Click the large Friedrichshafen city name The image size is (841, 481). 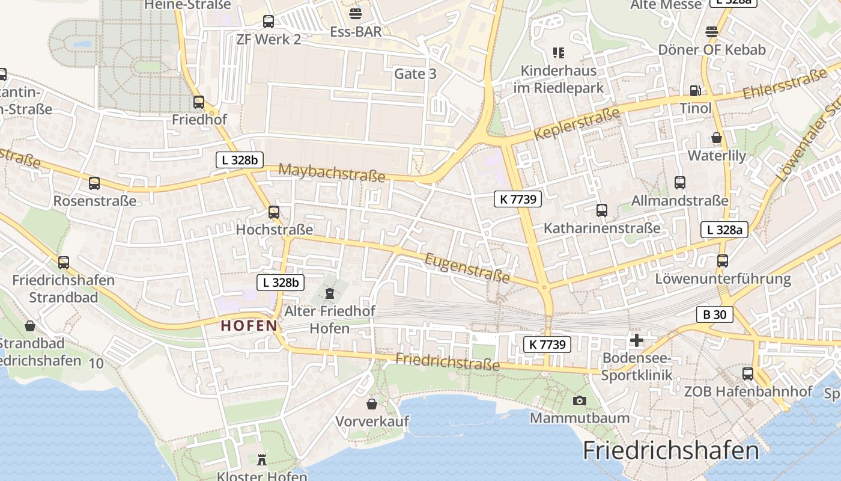(670, 450)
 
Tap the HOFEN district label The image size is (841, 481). (249, 326)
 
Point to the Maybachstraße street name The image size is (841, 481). (332, 173)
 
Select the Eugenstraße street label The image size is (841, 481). (467, 268)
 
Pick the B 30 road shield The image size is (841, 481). (715, 314)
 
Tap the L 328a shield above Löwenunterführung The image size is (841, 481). (724, 229)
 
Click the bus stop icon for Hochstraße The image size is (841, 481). (274, 212)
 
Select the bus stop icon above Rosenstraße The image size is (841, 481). (94, 183)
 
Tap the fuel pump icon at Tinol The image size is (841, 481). (695, 91)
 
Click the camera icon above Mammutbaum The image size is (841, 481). (580, 400)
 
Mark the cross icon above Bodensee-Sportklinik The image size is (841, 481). (636, 340)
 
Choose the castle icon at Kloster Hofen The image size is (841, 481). (261, 460)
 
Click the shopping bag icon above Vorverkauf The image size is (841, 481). (372, 403)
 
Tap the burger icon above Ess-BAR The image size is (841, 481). (356, 14)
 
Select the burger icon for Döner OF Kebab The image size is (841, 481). (712, 32)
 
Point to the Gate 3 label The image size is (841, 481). (415, 74)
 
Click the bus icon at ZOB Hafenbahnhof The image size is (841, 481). (748, 373)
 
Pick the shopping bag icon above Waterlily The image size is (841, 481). (717, 138)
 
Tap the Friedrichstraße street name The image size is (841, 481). (448, 362)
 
